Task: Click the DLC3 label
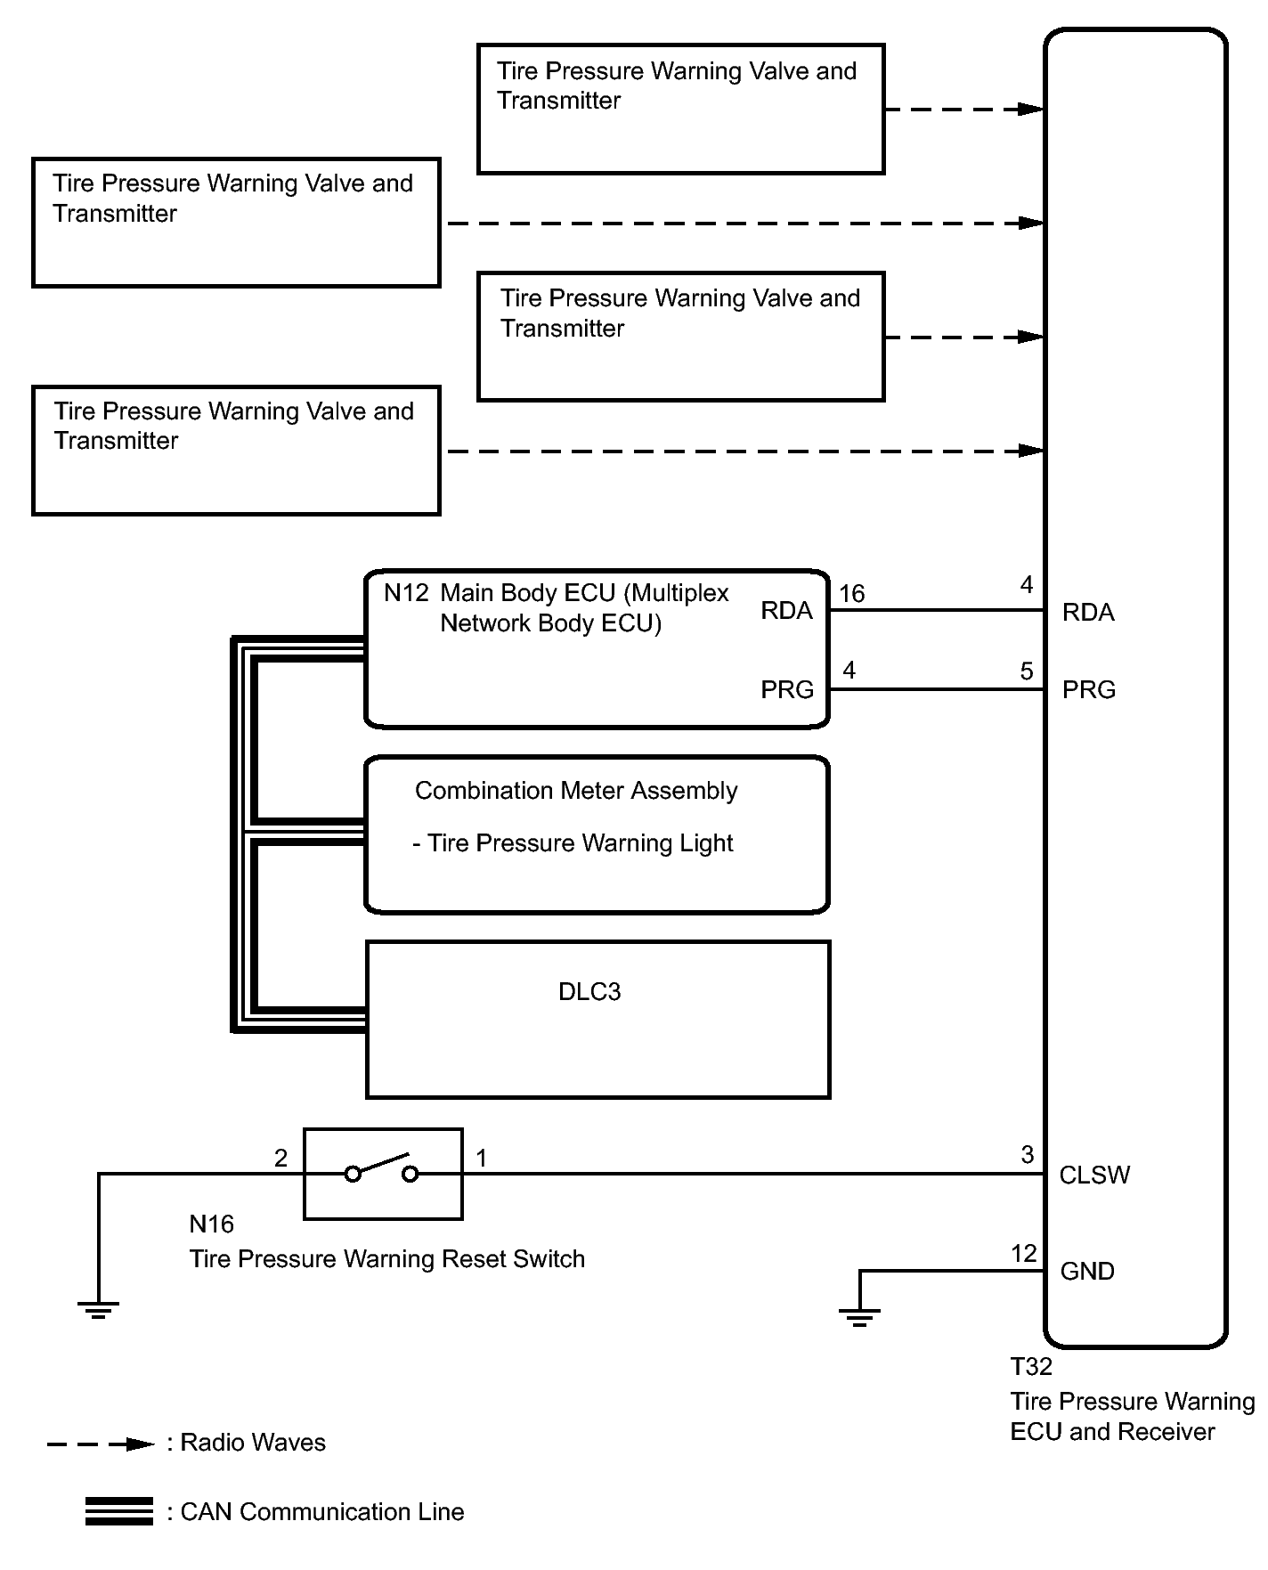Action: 589,992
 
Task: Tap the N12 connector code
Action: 406,593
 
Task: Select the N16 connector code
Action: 211,1224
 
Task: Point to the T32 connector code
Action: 1031,1367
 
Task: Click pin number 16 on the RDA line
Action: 852,594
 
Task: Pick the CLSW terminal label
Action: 1094,1175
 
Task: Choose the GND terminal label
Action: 1087,1272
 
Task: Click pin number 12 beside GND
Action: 1024,1254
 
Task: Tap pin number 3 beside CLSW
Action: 1027,1155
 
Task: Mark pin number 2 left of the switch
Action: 280,1158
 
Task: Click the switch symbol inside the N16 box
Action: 382,1168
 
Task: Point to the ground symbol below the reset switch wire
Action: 98,1308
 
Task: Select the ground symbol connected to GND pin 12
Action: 859,1316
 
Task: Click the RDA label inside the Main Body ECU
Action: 786,611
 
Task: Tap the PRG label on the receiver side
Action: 1088,690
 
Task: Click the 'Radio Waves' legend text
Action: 253,1443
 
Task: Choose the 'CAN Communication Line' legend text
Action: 321,1512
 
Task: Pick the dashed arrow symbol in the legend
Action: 101,1444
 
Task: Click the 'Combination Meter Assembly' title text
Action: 576,791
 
